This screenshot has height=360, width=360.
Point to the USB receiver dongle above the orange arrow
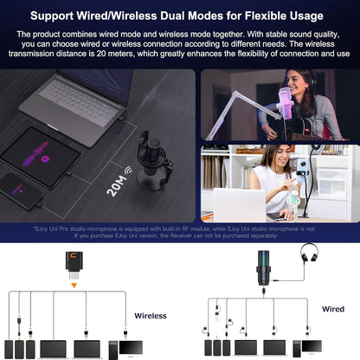tap(75, 260)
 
